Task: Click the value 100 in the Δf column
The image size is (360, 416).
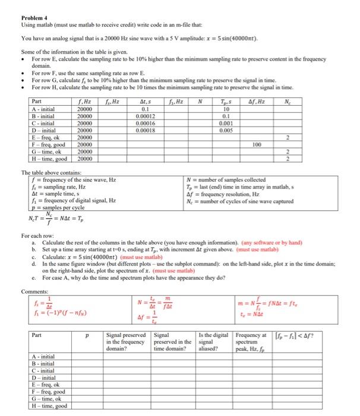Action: tap(257, 143)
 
